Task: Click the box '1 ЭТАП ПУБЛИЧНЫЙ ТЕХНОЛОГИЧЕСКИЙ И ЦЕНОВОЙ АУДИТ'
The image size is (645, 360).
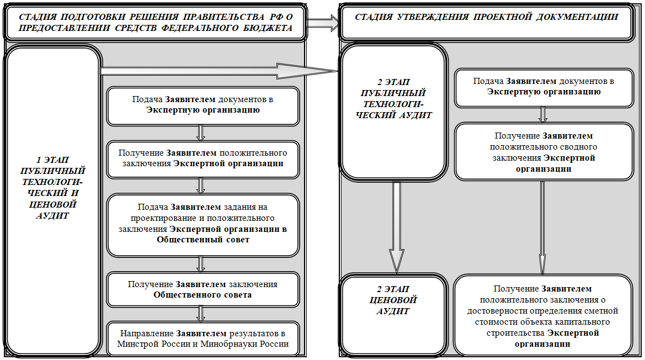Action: click(x=52, y=200)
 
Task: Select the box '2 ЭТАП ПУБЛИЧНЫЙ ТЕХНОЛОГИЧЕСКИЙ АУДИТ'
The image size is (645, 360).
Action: click(x=393, y=112)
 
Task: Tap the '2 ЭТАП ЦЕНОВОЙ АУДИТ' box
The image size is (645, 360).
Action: click(x=393, y=315)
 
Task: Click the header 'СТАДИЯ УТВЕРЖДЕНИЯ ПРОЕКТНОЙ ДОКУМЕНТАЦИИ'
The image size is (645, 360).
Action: click(x=487, y=22)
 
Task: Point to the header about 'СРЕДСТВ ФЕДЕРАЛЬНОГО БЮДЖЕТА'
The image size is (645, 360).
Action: click(x=156, y=23)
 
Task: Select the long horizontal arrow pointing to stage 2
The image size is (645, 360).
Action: click(x=219, y=71)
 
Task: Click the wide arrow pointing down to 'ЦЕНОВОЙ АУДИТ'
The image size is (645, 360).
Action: click(x=397, y=227)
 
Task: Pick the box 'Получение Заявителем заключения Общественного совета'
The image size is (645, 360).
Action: click(x=203, y=290)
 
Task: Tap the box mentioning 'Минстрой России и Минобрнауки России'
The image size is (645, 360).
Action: click(x=203, y=338)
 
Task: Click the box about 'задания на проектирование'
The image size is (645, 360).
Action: click(x=203, y=225)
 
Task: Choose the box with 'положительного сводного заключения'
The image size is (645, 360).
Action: click(x=544, y=152)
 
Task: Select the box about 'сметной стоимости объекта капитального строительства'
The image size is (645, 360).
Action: click(x=543, y=316)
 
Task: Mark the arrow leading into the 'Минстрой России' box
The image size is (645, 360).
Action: click(x=201, y=314)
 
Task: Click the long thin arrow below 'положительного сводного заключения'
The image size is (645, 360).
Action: click(x=542, y=227)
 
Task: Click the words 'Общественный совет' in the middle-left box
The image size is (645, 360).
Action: click(x=203, y=240)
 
